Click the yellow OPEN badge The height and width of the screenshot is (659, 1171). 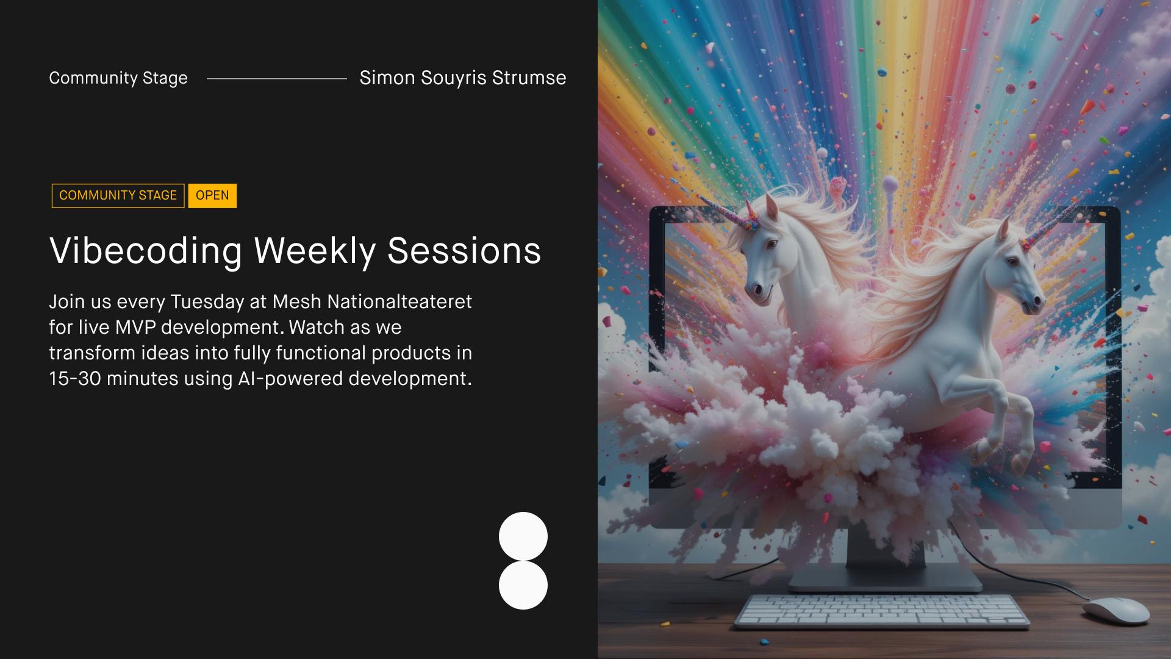(x=212, y=196)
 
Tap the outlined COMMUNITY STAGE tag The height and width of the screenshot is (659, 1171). (x=118, y=196)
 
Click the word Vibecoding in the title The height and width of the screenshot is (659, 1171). (x=146, y=251)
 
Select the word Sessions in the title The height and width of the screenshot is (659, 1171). (x=464, y=251)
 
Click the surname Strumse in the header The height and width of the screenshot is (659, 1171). (x=529, y=78)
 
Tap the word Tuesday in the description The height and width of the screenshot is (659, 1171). (x=207, y=303)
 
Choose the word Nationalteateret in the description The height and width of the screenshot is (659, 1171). (x=399, y=301)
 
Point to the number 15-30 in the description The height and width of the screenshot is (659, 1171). (x=75, y=379)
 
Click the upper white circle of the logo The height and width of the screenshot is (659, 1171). (x=523, y=536)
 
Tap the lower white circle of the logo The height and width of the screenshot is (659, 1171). (x=523, y=585)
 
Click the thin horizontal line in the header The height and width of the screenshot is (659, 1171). (x=277, y=79)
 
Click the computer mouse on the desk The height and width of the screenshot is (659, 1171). (x=1117, y=611)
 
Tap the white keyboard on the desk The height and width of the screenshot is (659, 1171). (x=882, y=611)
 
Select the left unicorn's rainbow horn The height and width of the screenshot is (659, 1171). (x=726, y=211)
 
